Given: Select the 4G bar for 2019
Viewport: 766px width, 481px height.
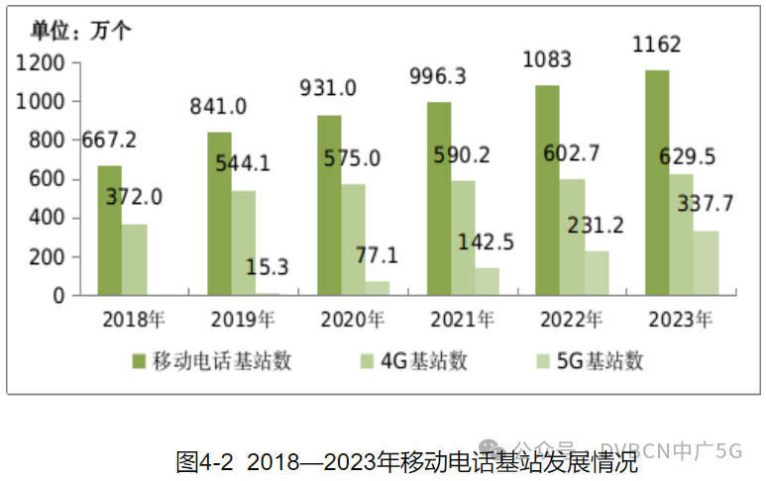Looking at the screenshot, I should point(244,242).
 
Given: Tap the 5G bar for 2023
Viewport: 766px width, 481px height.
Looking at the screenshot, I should point(706,263).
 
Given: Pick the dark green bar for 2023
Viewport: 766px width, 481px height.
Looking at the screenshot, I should point(656,183).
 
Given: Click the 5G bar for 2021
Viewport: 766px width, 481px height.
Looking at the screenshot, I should point(487,281).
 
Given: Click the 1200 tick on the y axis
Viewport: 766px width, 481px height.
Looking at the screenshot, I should point(41,63).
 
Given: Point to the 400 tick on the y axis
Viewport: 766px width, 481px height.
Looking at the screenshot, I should point(47,218).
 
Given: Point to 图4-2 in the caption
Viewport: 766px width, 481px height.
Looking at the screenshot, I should point(204,461).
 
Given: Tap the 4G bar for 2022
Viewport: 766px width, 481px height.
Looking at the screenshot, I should point(572,237).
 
